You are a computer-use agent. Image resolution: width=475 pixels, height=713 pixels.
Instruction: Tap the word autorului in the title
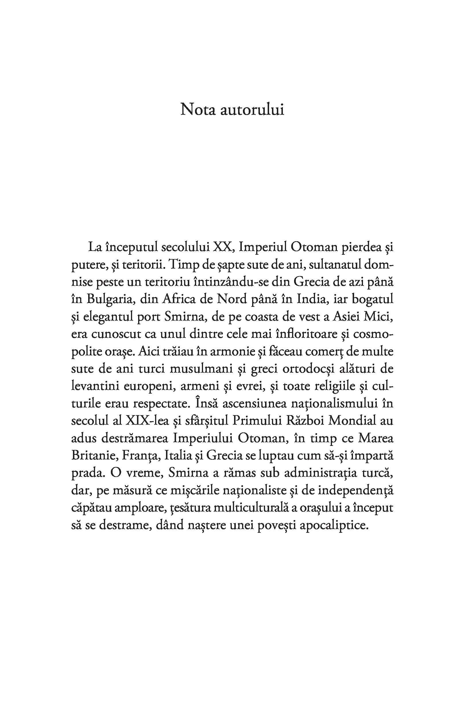tap(252, 110)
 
